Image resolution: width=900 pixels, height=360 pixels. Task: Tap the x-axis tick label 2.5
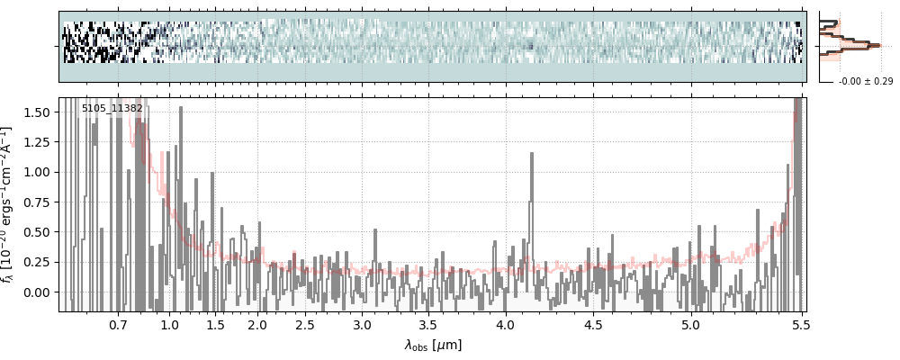305,324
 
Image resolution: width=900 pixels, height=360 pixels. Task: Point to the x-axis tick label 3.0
362,324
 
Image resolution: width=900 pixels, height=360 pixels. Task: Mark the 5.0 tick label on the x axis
690,324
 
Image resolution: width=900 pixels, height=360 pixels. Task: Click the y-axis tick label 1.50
40,111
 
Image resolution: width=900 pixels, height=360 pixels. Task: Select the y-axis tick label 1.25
40,141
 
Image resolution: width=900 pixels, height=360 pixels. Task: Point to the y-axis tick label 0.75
40,202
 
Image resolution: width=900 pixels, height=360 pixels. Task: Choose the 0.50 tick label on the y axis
40,232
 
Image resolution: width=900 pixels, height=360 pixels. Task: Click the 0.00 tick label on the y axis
40,292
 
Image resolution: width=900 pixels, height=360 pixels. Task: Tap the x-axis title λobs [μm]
433,345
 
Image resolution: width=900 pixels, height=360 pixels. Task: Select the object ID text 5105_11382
112,109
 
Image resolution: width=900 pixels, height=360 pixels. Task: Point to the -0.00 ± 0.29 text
865,82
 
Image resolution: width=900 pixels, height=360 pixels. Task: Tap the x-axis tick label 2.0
257,324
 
